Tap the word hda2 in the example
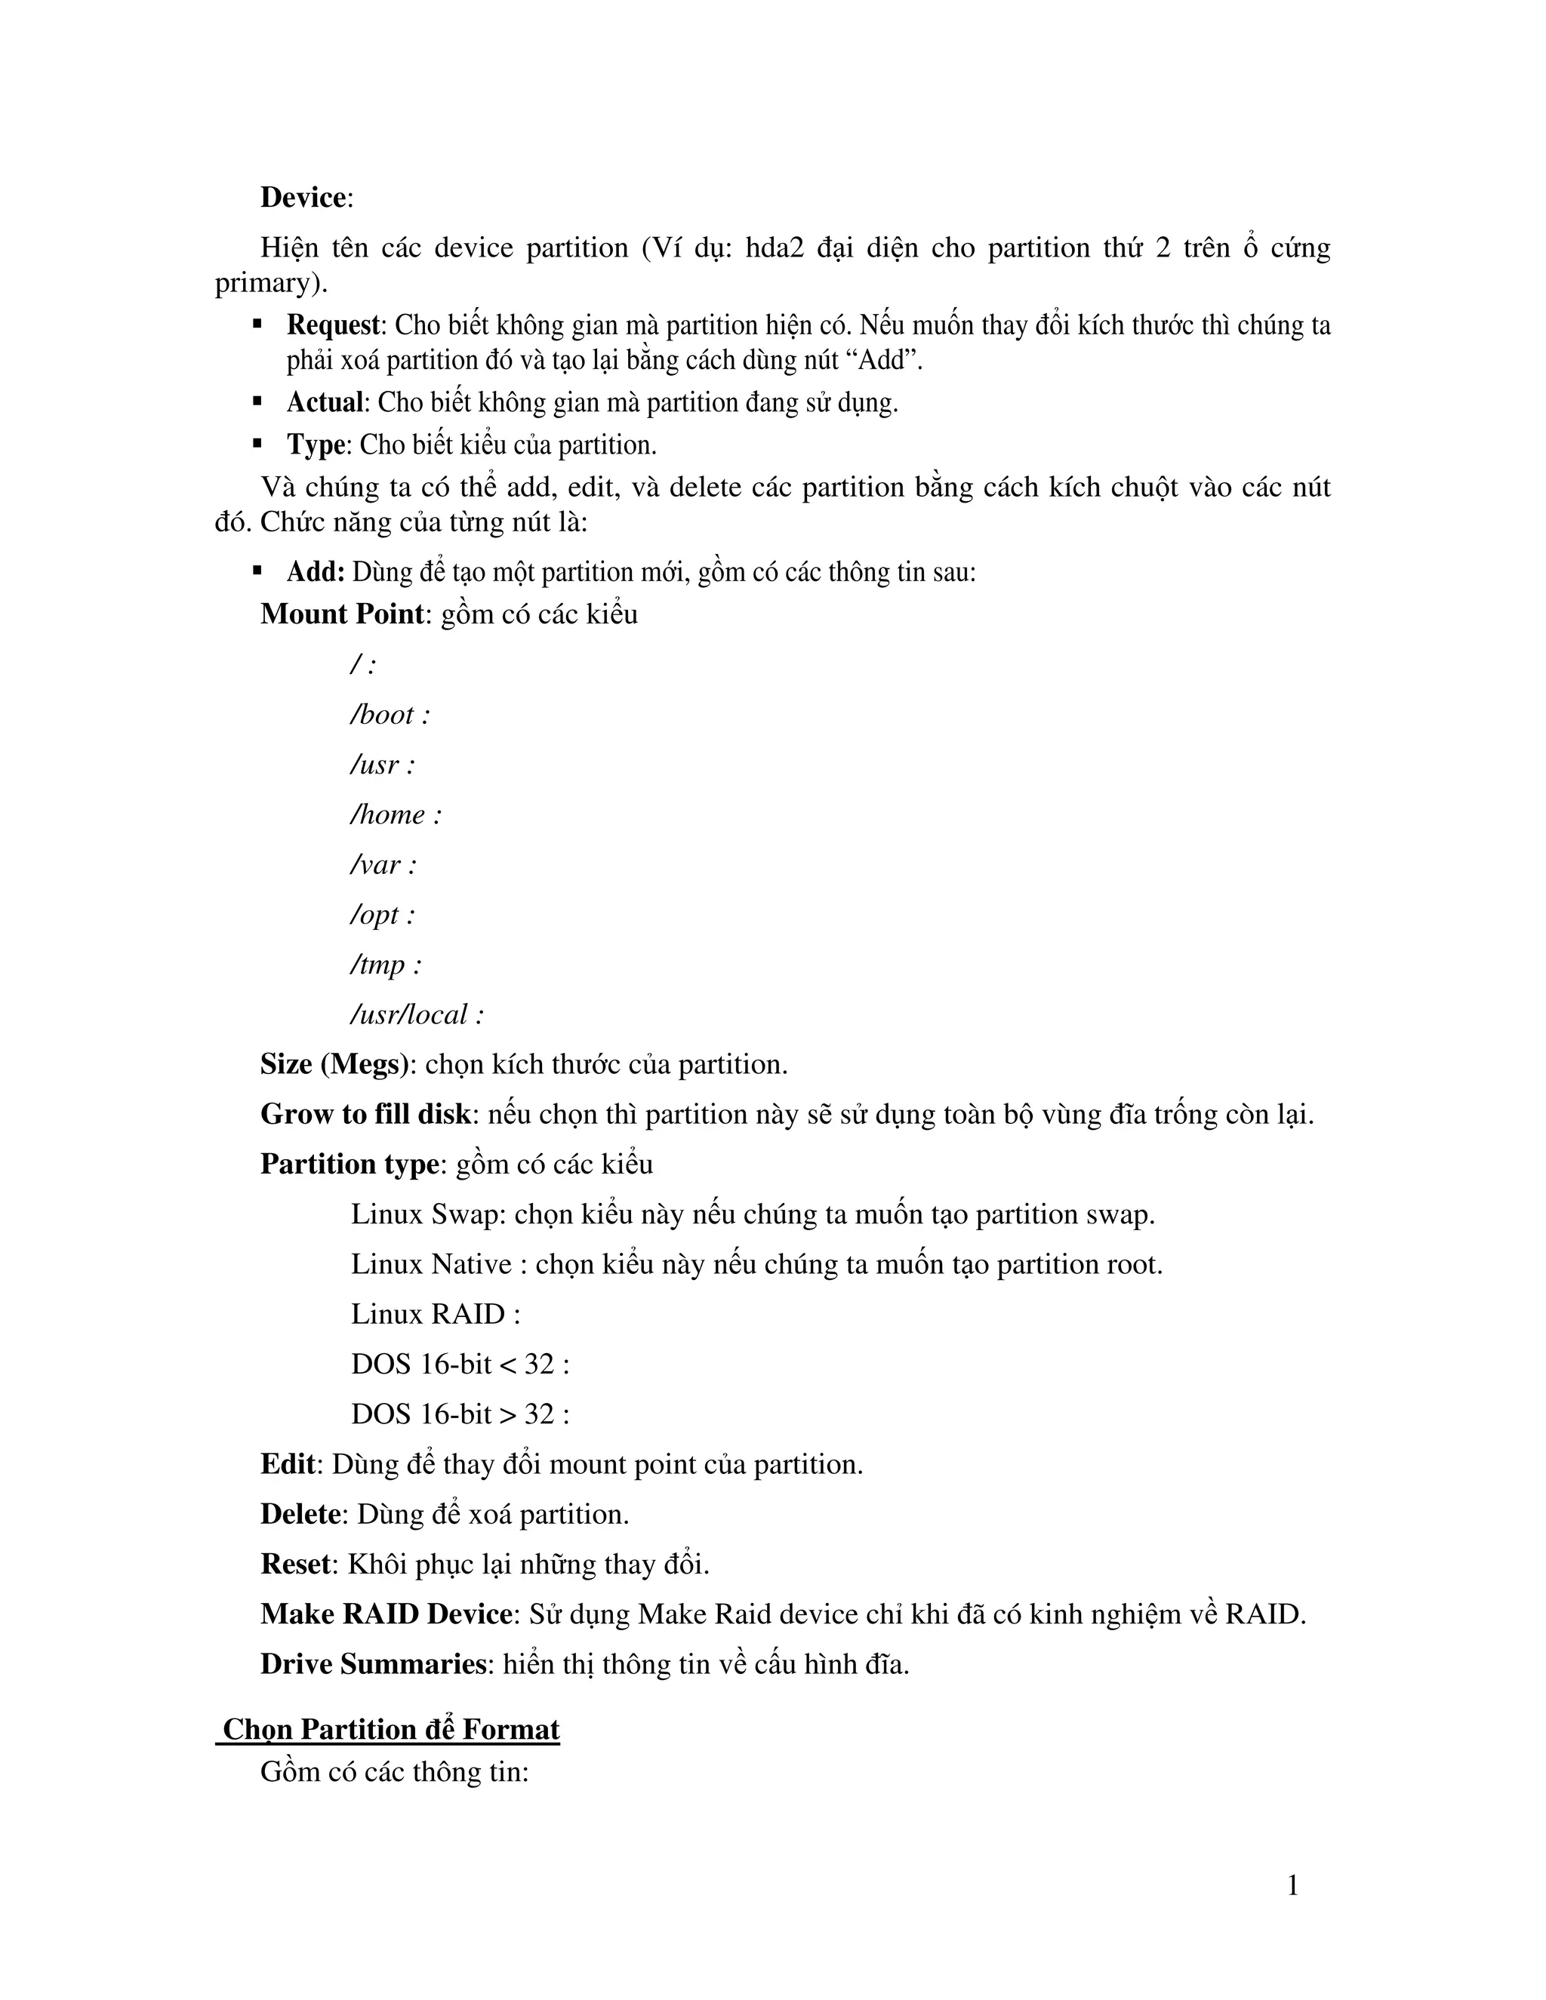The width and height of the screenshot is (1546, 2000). (774, 248)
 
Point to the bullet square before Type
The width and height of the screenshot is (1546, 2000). (257, 444)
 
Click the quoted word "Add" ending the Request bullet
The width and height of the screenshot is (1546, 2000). (884, 361)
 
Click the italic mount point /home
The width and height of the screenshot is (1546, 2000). (388, 814)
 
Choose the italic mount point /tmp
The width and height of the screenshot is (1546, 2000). (378, 965)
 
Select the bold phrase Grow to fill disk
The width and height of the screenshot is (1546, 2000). (365, 1115)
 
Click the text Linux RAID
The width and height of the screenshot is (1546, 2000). (429, 1314)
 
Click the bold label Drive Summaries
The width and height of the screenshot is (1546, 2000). (373, 1664)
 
